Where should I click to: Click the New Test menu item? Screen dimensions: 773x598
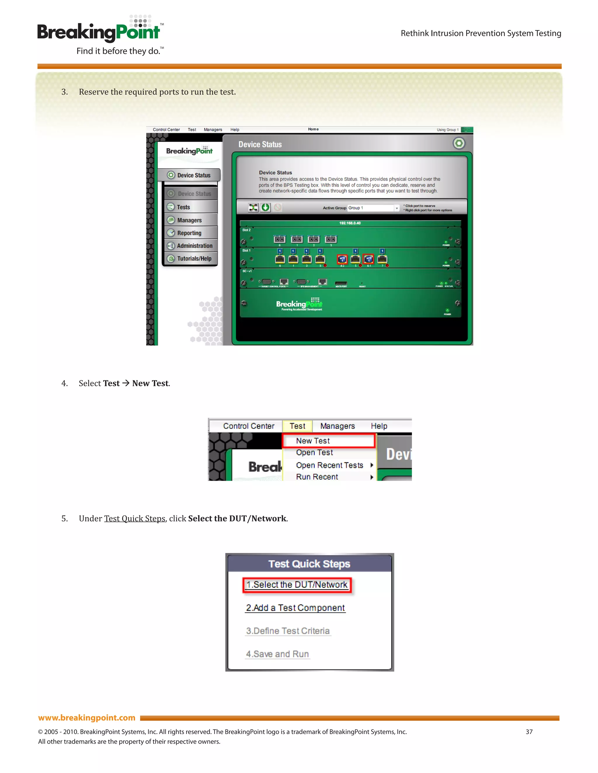point(312,441)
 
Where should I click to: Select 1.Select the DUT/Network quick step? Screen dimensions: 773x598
point(297,585)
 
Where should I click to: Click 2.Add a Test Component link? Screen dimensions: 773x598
point(295,608)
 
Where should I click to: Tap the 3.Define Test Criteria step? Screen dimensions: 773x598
point(288,631)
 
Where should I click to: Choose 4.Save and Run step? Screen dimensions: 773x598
point(277,654)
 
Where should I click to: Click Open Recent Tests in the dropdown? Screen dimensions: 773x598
point(329,465)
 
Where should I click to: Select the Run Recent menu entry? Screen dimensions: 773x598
point(317,477)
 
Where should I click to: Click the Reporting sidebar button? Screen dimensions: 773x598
point(190,233)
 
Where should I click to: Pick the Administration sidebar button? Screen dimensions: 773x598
point(194,246)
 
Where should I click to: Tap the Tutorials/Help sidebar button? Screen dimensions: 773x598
point(194,258)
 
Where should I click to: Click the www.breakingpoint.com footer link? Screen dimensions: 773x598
point(87,718)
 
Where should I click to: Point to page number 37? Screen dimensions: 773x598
point(529,732)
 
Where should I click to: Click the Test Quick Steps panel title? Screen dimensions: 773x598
point(309,564)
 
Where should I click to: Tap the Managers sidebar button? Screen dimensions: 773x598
point(190,220)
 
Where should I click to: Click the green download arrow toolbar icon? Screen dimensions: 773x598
point(265,207)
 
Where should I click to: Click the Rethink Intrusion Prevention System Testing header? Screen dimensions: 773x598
point(481,33)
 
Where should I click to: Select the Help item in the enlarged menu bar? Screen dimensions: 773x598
point(379,426)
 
